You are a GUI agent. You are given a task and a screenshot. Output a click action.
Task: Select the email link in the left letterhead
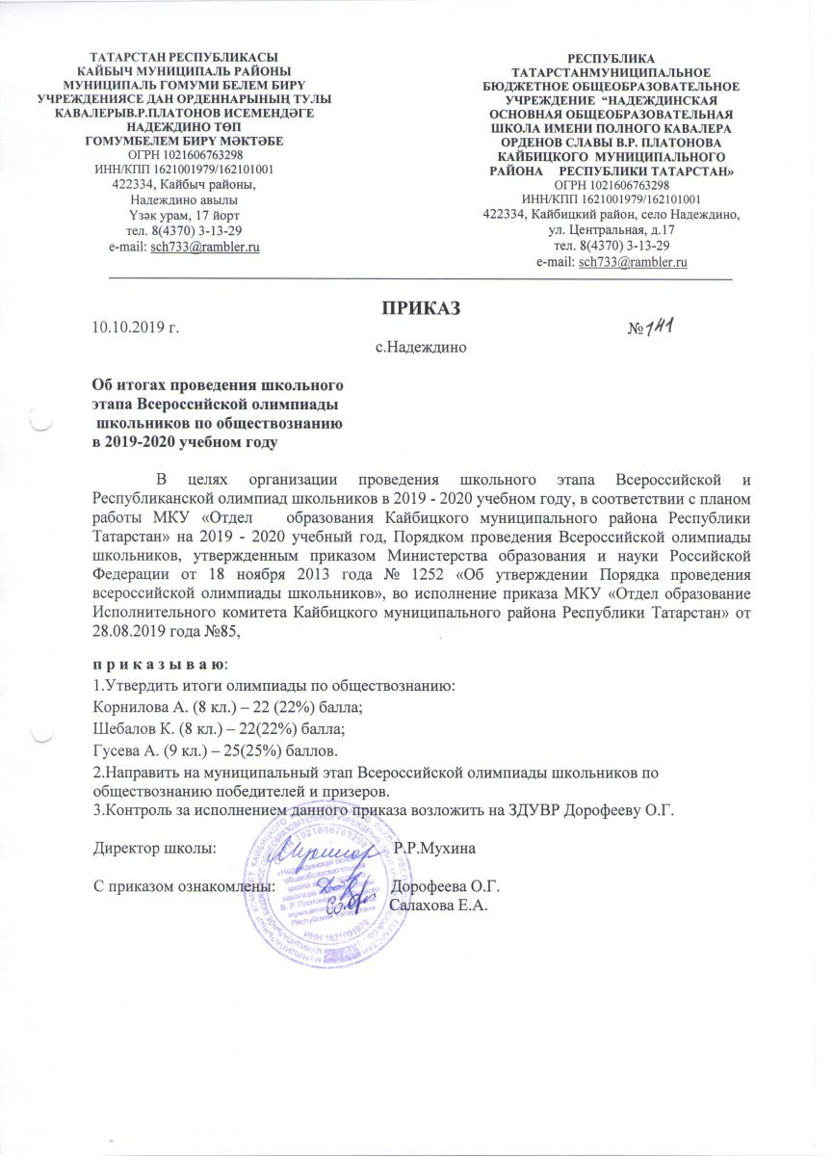tap(207, 247)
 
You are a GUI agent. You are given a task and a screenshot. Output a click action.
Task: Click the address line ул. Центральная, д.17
tap(611, 230)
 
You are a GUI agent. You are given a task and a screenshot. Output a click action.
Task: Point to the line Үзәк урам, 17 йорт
tap(184, 214)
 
